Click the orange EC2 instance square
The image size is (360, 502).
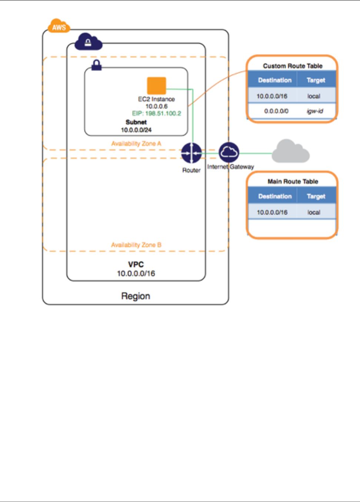coord(156,86)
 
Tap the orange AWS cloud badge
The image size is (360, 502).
coord(59,27)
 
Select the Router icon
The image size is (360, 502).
coord(191,153)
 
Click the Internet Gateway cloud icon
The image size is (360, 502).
coord(229,152)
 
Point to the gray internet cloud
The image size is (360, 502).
coord(290,152)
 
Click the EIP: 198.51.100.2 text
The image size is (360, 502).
coord(157,113)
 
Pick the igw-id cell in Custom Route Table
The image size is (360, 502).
coord(315,111)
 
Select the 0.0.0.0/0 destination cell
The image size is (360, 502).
coord(276,111)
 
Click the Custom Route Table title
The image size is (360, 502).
coord(293,66)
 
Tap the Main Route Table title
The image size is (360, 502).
coord(293,182)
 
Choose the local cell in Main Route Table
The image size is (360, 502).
coord(314,212)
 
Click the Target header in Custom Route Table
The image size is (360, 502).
coord(316,80)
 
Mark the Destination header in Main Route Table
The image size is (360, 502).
coord(275,196)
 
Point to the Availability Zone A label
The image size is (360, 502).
coord(136,143)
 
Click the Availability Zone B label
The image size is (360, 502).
coord(136,245)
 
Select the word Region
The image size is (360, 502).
coord(136,296)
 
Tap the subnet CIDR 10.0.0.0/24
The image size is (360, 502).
coord(136,130)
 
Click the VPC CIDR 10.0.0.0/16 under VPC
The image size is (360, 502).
coord(136,273)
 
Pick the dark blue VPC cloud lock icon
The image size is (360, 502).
coord(88,42)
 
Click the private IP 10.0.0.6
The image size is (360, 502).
coord(156,106)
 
